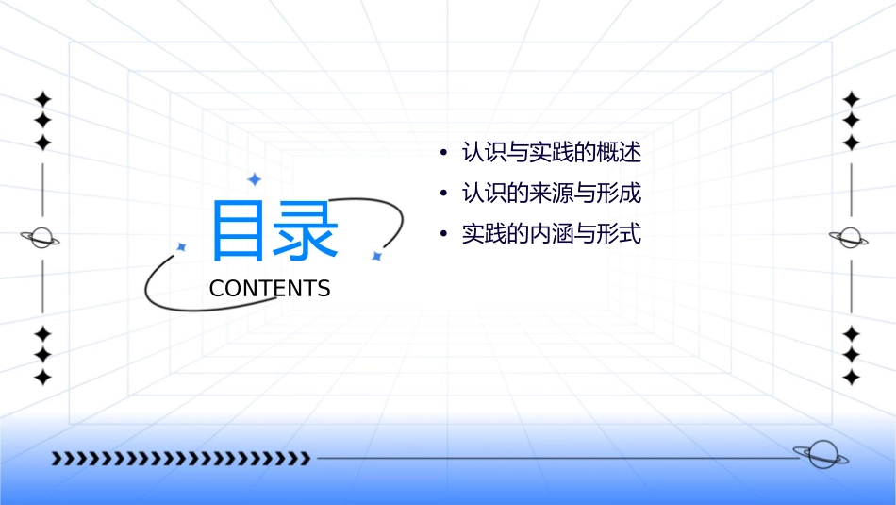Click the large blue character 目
[239, 231]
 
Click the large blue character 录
[306, 231]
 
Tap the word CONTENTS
[270, 289]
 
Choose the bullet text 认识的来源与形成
[551, 194]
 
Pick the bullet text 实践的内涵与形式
[551, 234]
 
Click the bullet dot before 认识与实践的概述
[442, 153]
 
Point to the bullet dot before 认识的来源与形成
[442, 194]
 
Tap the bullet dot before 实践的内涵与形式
[442, 235]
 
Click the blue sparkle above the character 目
[253, 178]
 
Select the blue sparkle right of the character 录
[376, 256]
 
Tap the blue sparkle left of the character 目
[182, 246]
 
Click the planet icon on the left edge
[41, 238]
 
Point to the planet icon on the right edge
[851, 238]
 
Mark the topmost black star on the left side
[41, 99]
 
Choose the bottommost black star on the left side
[41, 377]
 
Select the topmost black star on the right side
[851, 99]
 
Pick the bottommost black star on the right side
[851, 377]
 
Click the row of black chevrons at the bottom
[180, 459]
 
